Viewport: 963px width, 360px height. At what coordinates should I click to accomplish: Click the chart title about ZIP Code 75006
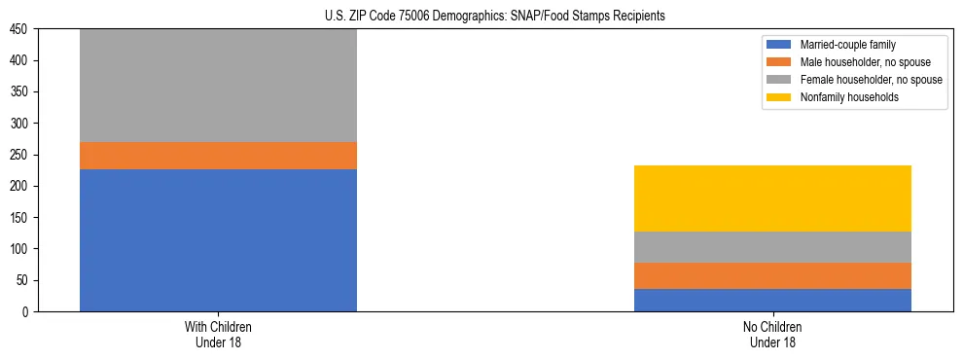pyautogui.click(x=495, y=17)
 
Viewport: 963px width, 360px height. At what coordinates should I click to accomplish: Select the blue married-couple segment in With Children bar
pyautogui.click(x=218, y=240)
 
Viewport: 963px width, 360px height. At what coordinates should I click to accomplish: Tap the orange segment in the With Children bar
pyautogui.click(x=218, y=156)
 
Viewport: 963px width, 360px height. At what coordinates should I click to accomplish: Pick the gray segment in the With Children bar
pyautogui.click(x=218, y=86)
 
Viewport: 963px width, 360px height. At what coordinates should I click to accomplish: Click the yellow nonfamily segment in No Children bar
pyautogui.click(x=772, y=198)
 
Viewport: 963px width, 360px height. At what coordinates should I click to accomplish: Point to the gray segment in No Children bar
pyautogui.click(x=772, y=247)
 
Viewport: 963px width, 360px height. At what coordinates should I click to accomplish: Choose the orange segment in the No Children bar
pyautogui.click(x=772, y=276)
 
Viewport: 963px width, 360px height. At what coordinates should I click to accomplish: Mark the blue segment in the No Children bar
pyautogui.click(x=772, y=300)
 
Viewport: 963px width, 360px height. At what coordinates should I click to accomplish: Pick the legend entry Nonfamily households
pyautogui.click(x=842, y=97)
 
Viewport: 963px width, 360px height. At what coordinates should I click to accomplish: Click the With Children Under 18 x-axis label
pyautogui.click(x=218, y=334)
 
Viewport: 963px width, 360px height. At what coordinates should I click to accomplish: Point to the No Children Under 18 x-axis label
pyautogui.click(x=772, y=334)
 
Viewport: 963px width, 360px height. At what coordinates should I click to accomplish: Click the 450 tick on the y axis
pyautogui.click(x=21, y=29)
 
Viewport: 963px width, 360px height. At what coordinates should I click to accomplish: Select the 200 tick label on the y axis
pyautogui.click(x=21, y=186)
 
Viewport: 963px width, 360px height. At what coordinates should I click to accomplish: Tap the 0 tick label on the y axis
pyautogui.click(x=27, y=311)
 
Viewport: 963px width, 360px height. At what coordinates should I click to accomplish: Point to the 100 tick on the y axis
pyautogui.click(x=21, y=249)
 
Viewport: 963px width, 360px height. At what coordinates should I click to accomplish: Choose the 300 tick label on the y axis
pyautogui.click(x=21, y=124)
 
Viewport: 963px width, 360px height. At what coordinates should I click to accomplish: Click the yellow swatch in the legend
pyautogui.click(x=779, y=97)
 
